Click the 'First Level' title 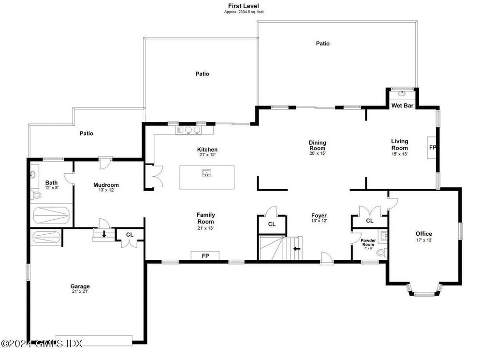244,6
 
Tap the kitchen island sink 206,173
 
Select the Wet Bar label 402,105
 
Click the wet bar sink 402,93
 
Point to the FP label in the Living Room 433,148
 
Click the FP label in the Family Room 205,255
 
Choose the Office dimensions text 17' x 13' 424,240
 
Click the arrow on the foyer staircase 296,249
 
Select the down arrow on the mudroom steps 104,234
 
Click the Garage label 80,286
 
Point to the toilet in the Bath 36,195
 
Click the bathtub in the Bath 51,215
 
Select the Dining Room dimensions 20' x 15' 317,153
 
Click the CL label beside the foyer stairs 272,224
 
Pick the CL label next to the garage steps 130,235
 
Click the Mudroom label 106,185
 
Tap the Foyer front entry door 327,258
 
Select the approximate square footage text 244,12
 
